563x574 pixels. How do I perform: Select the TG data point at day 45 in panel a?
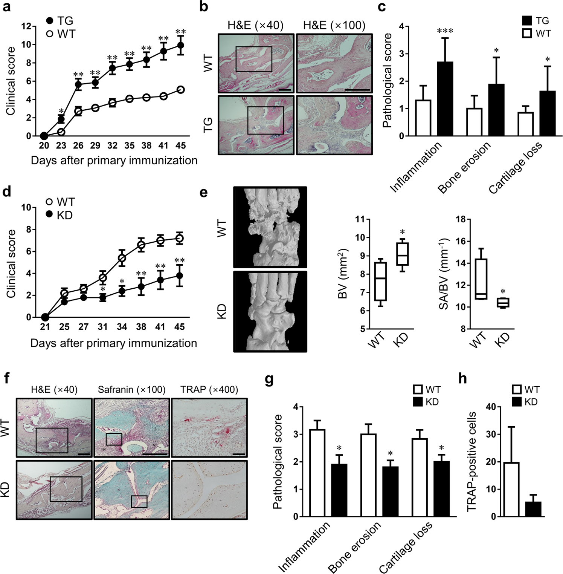tap(180, 45)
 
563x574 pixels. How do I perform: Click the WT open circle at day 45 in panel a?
tap(180, 90)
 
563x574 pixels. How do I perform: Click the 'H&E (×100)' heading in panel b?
tap(334, 25)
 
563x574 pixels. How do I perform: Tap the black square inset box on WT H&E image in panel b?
tap(253, 59)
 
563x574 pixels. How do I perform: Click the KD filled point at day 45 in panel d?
tap(179, 276)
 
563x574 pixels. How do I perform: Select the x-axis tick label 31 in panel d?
tap(103, 327)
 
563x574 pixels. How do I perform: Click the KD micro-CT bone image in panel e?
tap(270, 311)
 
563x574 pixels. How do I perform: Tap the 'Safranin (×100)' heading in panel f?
tap(131, 390)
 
